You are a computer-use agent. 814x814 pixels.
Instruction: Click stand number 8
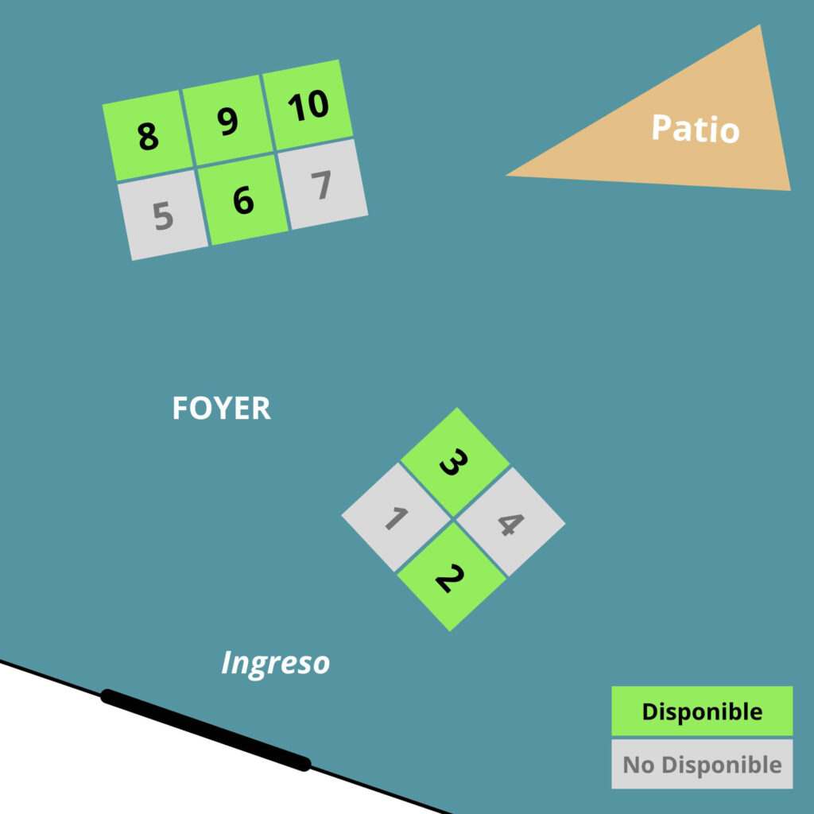[148, 136]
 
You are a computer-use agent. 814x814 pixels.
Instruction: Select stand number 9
[228, 121]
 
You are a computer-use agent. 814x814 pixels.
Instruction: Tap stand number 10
[308, 105]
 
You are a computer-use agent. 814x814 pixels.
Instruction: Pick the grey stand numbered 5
[163, 215]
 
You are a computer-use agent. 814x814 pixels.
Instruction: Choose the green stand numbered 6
[243, 200]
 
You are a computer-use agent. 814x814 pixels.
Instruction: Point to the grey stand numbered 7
[322, 185]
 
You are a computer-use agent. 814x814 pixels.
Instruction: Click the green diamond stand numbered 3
[454, 463]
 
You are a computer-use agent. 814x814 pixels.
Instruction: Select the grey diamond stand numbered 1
[396, 517]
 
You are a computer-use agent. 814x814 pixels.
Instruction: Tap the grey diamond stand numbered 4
[510, 522]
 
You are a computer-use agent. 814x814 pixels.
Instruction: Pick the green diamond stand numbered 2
[451, 577]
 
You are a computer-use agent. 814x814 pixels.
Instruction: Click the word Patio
[695, 129]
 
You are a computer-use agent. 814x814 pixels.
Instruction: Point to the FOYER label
[221, 409]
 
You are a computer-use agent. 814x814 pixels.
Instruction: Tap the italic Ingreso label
[275, 662]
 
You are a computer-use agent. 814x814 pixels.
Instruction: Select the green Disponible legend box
[702, 711]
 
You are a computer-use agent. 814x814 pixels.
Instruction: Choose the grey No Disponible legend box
[702, 764]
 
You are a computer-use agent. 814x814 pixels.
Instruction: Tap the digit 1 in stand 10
[297, 107]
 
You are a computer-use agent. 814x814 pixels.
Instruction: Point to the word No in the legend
[639, 765]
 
